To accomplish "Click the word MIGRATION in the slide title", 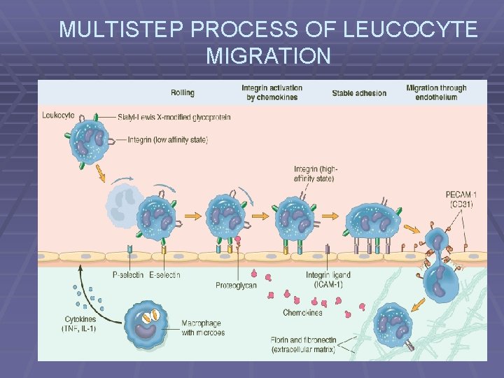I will pyautogui.click(x=269, y=55).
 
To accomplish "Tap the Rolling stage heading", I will pyautogui.click(x=183, y=92).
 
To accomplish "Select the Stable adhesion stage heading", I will pyautogui.click(x=359, y=93).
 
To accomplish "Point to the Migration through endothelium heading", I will pyautogui.click(x=436, y=92).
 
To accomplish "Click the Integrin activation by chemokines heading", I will pyautogui.click(x=272, y=92).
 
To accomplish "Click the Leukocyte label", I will pyautogui.click(x=58, y=115).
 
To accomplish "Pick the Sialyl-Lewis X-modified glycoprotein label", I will pyautogui.click(x=174, y=117).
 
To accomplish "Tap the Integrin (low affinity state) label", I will pyautogui.click(x=168, y=140).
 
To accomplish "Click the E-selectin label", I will pyautogui.click(x=164, y=275).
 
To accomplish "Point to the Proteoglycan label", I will pyautogui.click(x=236, y=285).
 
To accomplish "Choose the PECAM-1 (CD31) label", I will pyautogui.click(x=463, y=199).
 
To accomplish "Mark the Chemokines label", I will pyautogui.click(x=302, y=312).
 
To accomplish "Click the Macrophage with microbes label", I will pyautogui.click(x=202, y=327).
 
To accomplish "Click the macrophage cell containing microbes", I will pyautogui.click(x=148, y=324).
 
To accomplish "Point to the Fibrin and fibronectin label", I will pyautogui.click(x=303, y=344).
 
